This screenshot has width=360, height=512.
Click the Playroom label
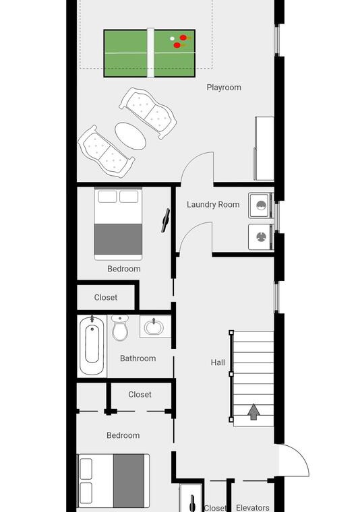[224, 88]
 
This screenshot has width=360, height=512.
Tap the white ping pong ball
[172, 38]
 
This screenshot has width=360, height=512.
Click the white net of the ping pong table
[150, 53]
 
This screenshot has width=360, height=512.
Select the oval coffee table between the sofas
[130, 136]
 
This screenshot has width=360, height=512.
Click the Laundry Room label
[213, 204]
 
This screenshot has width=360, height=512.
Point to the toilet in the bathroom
[120, 328]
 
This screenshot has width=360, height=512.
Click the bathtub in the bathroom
[92, 346]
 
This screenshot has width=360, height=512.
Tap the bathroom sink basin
[154, 327]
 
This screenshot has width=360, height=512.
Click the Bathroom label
[138, 358]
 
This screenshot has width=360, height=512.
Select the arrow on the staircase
[253, 412]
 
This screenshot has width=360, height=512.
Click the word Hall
[218, 362]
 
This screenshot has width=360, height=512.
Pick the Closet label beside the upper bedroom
[106, 298]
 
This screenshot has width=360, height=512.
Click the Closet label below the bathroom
[140, 395]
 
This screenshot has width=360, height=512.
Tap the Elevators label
[253, 508]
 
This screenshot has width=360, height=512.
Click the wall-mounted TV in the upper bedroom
[166, 221]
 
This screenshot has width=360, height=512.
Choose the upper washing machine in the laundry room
[260, 205]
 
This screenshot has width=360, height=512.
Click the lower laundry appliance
[260, 236]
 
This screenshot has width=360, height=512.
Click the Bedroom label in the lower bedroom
[123, 435]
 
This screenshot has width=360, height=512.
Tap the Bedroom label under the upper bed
[124, 269]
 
